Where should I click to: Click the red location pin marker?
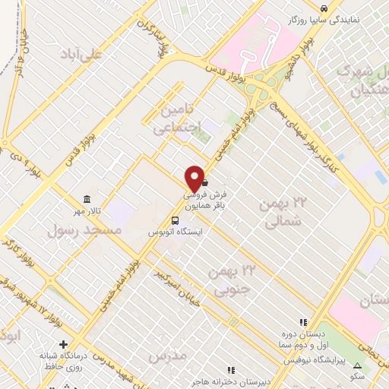(x=194, y=179)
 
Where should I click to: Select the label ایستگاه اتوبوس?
(x=175, y=231)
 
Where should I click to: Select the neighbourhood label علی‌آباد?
(x=84, y=54)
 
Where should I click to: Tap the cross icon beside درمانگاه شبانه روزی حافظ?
(x=64, y=344)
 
